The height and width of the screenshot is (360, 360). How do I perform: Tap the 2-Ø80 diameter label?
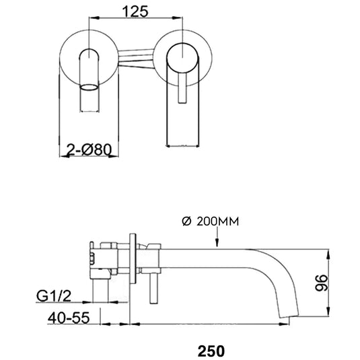click(92, 153)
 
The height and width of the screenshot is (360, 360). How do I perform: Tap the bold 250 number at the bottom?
click(211, 350)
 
